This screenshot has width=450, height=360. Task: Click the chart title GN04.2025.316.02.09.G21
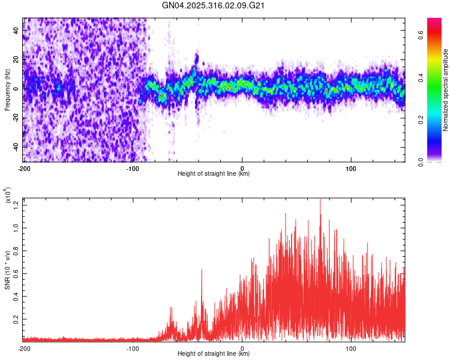point(214,6)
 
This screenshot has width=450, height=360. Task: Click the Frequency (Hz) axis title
point(7,89)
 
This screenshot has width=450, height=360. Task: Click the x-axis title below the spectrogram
point(214,174)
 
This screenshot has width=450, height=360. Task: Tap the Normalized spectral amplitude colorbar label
point(445,90)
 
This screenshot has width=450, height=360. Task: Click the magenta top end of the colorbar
point(434,21)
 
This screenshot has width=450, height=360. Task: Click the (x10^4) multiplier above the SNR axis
point(8,196)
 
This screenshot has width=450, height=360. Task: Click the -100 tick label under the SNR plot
point(133,348)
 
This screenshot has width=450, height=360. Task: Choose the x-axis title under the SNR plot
point(214,354)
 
